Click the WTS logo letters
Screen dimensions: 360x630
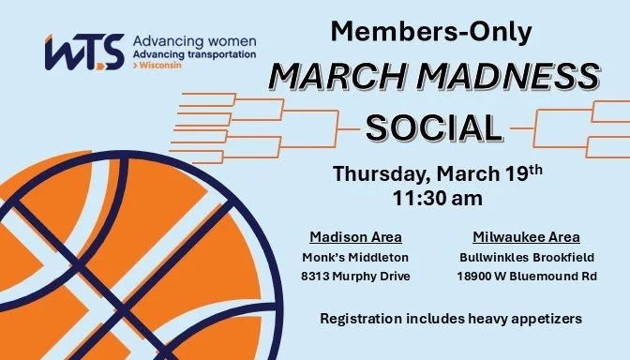click(84, 53)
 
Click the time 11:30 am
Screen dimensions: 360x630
click(438, 200)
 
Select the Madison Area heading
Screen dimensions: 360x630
click(355, 236)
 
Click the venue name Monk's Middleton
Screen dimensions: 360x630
click(355, 256)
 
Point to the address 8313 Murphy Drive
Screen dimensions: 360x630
click(355, 277)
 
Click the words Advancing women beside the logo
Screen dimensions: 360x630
click(195, 42)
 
